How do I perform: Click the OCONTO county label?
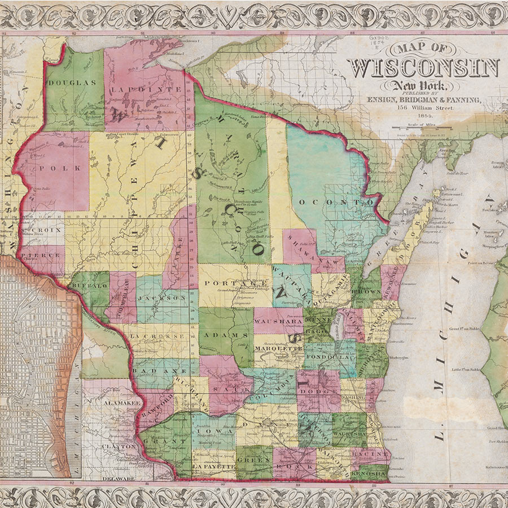336,202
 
